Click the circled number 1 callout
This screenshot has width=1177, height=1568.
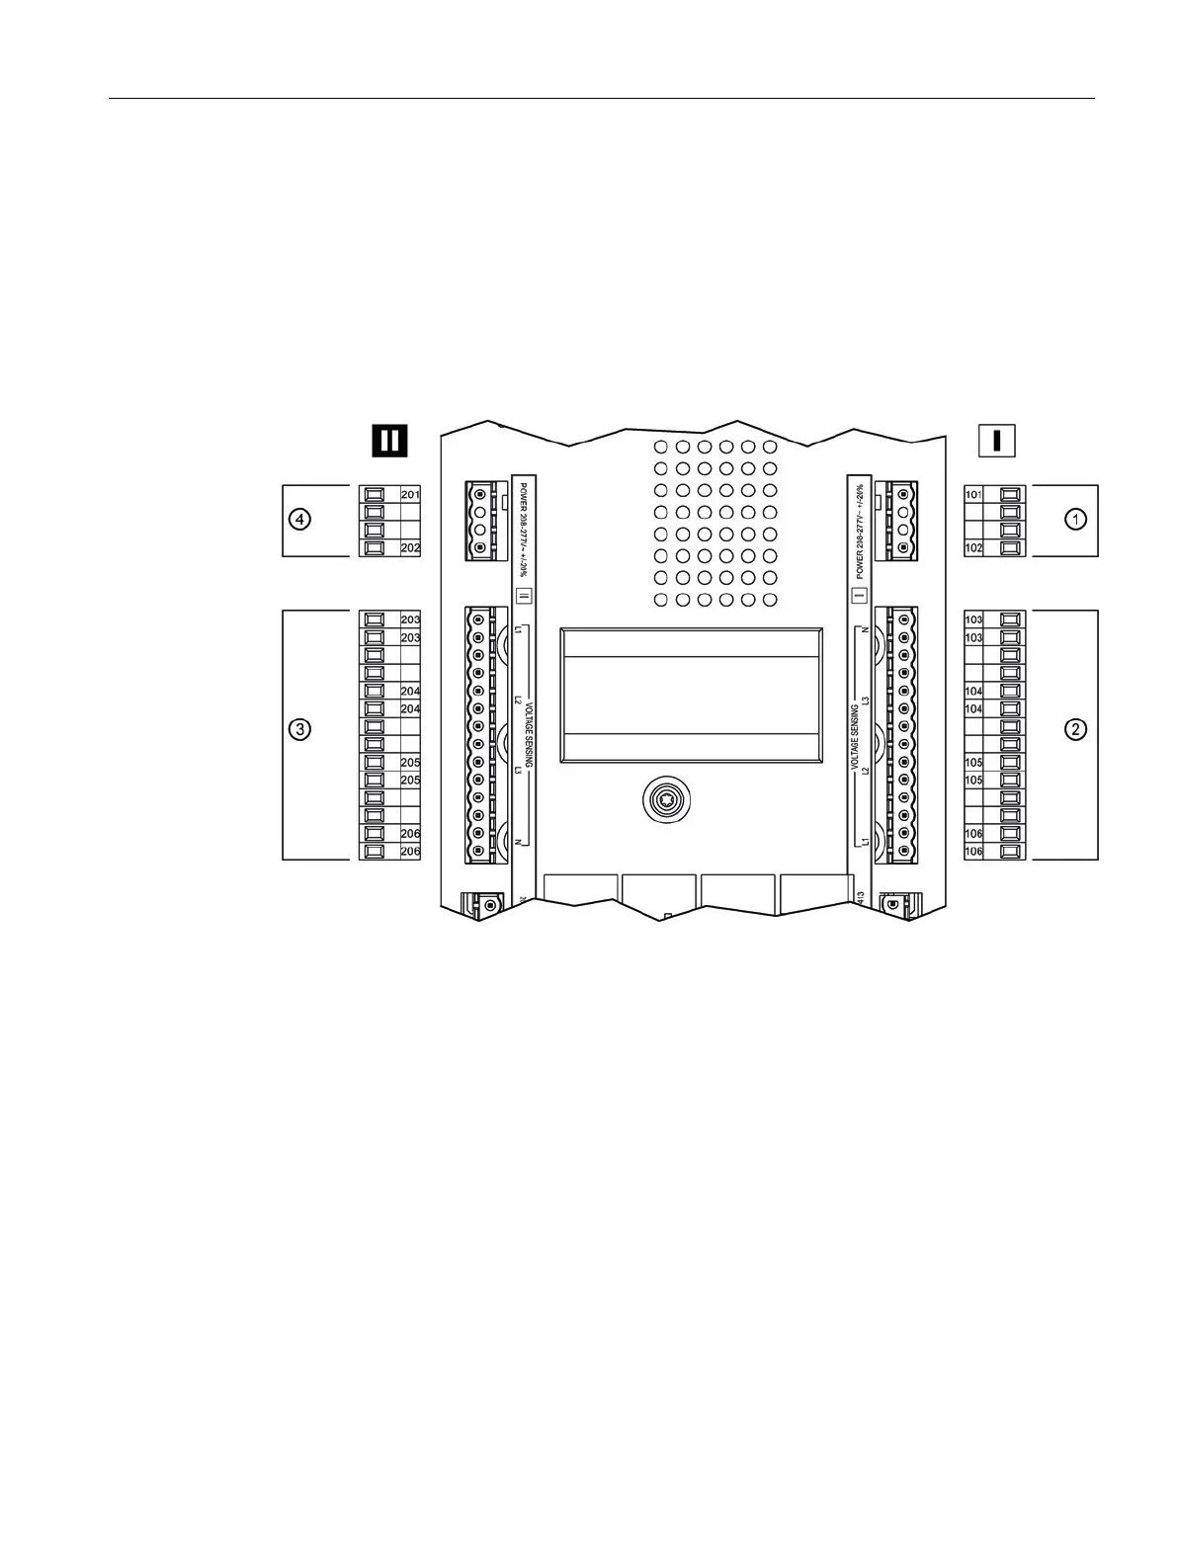point(1076,519)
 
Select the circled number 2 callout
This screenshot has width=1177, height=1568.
point(1076,730)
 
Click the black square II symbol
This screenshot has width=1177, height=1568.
point(390,440)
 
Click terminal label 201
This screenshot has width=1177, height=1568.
point(410,494)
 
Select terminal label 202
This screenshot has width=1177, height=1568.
point(410,547)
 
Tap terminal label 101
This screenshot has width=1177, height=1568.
point(973,494)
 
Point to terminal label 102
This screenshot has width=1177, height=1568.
point(973,547)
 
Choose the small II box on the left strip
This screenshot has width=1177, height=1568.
point(524,596)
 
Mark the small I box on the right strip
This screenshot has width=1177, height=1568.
point(859,596)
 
